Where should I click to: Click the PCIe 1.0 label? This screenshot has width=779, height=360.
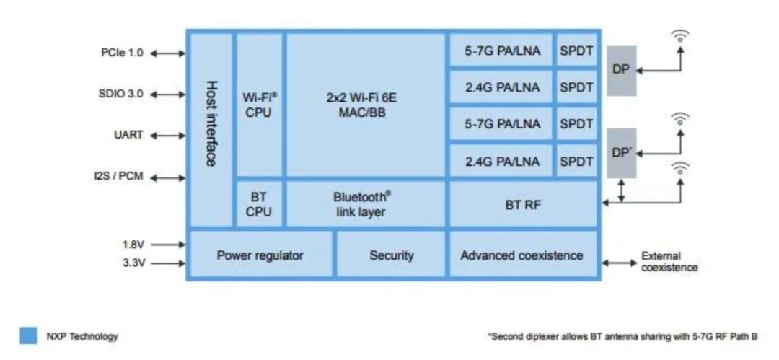pyautogui.click(x=122, y=53)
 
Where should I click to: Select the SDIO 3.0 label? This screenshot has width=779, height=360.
pyautogui.click(x=121, y=94)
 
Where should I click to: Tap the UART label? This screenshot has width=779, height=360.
pyautogui.click(x=128, y=135)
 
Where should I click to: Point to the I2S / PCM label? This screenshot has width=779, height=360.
pyautogui.click(x=118, y=177)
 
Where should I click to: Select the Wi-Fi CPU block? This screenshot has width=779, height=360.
pyautogui.click(x=259, y=105)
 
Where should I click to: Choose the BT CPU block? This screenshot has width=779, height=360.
pyautogui.click(x=259, y=203)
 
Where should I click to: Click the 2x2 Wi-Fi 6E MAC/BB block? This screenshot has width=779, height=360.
pyautogui.click(x=366, y=105)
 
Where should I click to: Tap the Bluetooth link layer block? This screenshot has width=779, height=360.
pyautogui.click(x=366, y=203)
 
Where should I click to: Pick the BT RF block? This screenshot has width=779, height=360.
pyautogui.click(x=523, y=204)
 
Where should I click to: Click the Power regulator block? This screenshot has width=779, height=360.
pyautogui.click(x=260, y=255)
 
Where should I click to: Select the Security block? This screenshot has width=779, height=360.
pyautogui.click(x=391, y=255)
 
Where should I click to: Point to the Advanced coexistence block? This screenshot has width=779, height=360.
pyautogui.click(x=522, y=255)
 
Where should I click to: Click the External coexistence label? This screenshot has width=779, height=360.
pyautogui.click(x=669, y=261)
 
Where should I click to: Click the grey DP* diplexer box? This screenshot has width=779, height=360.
pyautogui.click(x=621, y=153)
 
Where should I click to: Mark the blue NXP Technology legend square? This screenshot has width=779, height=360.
pyautogui.click(x=28, y=335)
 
